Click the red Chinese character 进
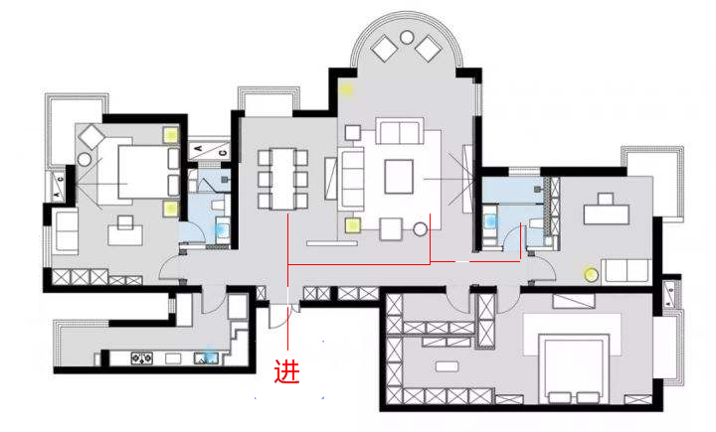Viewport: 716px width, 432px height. click(x=286, y=371)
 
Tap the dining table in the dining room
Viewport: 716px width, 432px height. click(x=282, y=179)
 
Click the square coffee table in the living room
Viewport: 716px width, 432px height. click(x=399, y=176)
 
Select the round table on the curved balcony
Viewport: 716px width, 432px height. click(x=407, y=37)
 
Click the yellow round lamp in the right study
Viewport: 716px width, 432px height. click(x=592, y=275)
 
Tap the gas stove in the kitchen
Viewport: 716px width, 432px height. click(x=141, y=359)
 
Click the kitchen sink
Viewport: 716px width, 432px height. click(x=206, y=358)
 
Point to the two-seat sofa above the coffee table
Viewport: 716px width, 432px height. click(x=400, y=131)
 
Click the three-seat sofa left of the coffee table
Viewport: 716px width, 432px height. click(x=351, y=179)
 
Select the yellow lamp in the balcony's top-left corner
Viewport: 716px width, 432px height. click(x=347, y=89)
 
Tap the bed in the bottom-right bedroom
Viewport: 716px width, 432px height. click(x=574, y=368)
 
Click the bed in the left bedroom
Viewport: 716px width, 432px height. click(x=141, y=172)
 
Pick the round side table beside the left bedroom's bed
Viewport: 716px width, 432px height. click(x=85, y=160)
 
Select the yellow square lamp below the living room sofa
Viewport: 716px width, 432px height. click(x=353, y=224)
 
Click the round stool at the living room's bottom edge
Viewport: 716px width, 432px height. click(x=421, y=229)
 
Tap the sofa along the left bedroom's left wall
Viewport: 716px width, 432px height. click(x=67, y=230)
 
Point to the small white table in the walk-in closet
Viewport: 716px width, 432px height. click(x=447, y=366)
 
